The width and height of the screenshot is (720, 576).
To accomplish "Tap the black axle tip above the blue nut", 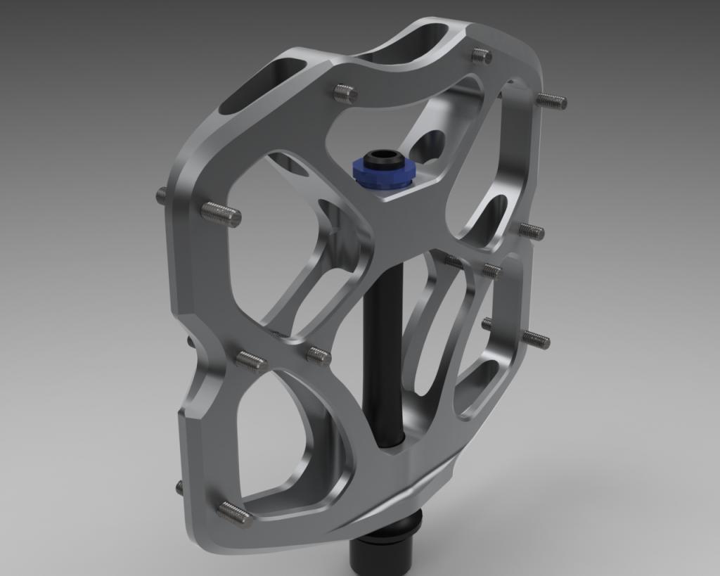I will [380, 156].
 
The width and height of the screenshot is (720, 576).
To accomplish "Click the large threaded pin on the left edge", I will [221, 214].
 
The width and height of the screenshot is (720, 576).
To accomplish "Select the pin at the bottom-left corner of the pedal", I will [235, 514].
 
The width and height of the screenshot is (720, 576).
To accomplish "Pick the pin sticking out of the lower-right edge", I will [536, 339].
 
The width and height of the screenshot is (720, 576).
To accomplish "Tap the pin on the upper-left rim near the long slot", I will [345, 93].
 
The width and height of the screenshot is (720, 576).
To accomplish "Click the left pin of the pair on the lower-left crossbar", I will [251, 361].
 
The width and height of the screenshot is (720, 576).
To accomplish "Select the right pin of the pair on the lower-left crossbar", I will [319, 356].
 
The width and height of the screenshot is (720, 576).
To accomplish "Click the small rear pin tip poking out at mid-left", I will [161, 195].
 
